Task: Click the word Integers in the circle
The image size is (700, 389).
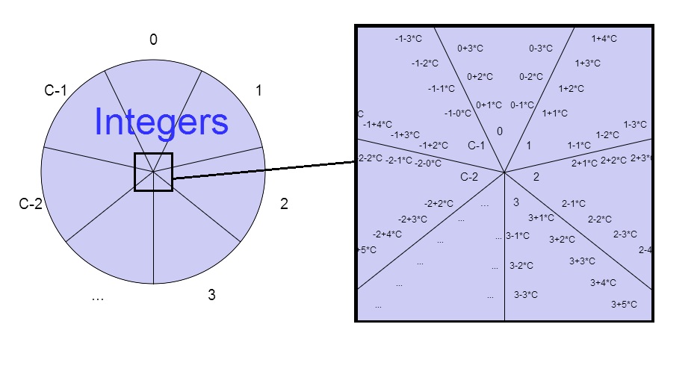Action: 161,122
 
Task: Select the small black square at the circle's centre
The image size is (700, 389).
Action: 153,172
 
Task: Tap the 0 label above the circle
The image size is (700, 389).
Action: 153,40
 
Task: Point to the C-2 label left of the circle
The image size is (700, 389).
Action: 31,204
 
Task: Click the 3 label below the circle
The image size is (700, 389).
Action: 212,295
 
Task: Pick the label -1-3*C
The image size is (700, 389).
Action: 408,38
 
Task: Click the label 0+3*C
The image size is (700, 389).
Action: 471,49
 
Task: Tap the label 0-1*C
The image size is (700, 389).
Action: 522,105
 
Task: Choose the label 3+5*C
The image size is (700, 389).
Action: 624,304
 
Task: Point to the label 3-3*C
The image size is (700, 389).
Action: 526,295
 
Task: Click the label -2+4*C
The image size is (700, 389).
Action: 387,234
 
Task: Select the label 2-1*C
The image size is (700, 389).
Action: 573,203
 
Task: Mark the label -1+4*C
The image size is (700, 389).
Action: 377,125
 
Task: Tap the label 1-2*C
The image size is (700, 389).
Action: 607,134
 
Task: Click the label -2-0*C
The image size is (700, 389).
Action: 428,163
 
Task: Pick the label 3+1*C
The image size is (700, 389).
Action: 541,218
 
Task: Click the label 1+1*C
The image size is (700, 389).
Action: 555,113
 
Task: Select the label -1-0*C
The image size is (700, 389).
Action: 457,113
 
